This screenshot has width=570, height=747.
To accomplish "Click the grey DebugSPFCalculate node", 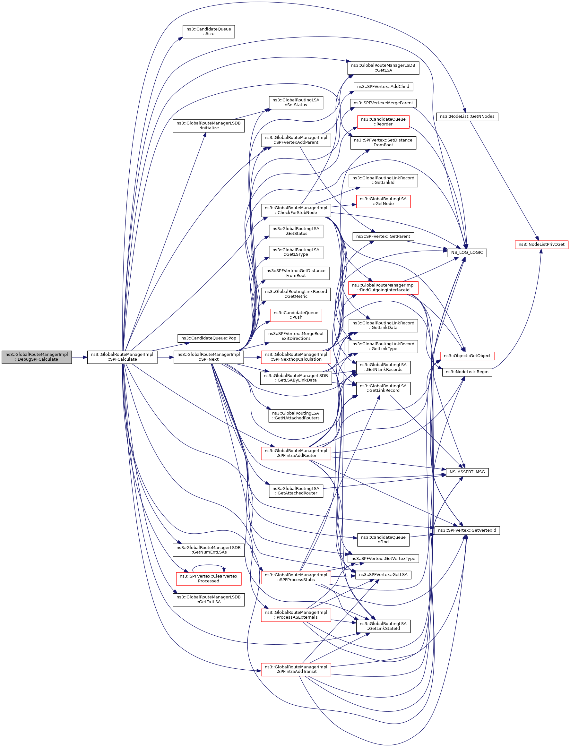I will pos(37,357).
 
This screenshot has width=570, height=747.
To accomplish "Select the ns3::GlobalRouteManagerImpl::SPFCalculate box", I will pos(122,357).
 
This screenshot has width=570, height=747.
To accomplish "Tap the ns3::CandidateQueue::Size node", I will pos(208,31).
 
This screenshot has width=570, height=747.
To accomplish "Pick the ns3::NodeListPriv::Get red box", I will pos(541,244).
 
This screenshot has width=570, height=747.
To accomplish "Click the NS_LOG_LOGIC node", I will pos(467,253).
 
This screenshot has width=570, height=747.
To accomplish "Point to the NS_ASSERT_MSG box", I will pos(467,472).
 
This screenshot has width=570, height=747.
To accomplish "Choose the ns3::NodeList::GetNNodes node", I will pos(467,116).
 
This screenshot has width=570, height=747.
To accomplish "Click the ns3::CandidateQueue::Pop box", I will pos(208,338).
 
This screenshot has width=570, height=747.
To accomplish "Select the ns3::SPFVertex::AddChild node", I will pos(383,87).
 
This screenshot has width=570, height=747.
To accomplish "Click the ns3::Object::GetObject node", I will pos(467,356).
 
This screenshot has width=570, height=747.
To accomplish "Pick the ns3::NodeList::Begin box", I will pos(467,372).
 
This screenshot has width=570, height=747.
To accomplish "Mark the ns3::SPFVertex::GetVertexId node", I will pos(467,530).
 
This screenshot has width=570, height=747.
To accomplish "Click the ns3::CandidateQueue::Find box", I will pos(383,540).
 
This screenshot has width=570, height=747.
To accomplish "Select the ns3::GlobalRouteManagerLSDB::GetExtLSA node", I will pos(208,599).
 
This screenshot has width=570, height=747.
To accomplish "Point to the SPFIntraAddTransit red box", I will pos(296,669).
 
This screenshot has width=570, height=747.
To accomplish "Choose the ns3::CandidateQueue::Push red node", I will pos(296,315).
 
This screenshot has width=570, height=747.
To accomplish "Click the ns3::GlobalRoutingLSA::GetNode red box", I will pos(383,201).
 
